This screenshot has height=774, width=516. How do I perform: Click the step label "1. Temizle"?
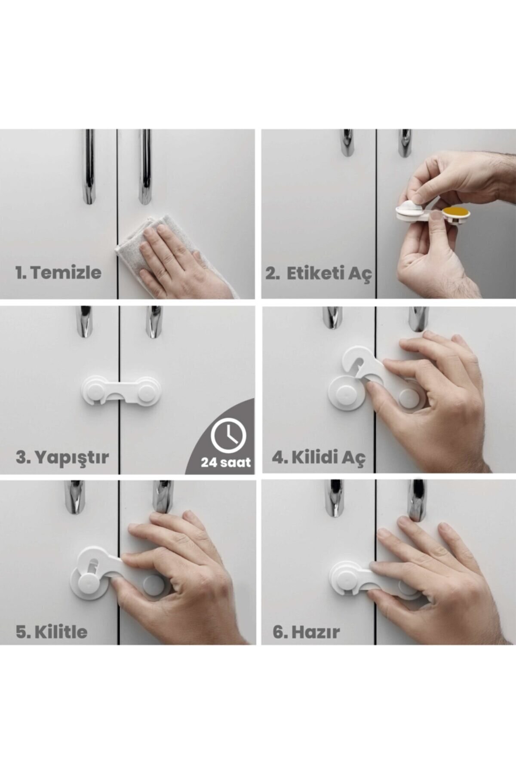[58, 273]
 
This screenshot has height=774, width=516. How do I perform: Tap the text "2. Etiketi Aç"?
[318, 273]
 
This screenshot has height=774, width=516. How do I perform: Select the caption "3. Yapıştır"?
[62, 457]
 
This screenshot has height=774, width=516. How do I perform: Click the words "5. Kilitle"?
[52, 632]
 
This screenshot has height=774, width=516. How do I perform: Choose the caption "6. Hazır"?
[306, 632]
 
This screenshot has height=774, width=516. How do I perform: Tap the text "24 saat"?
[225, 463]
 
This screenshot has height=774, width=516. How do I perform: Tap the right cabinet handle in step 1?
[145, 168]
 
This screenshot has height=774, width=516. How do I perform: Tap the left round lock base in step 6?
[344, 578]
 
